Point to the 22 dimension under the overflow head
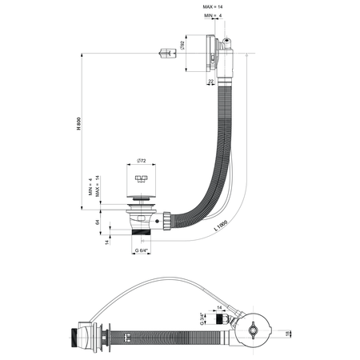coord(211,82)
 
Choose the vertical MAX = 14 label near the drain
coord(98,186)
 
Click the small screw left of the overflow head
coord(166,55)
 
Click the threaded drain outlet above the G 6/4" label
coord(142,235)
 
